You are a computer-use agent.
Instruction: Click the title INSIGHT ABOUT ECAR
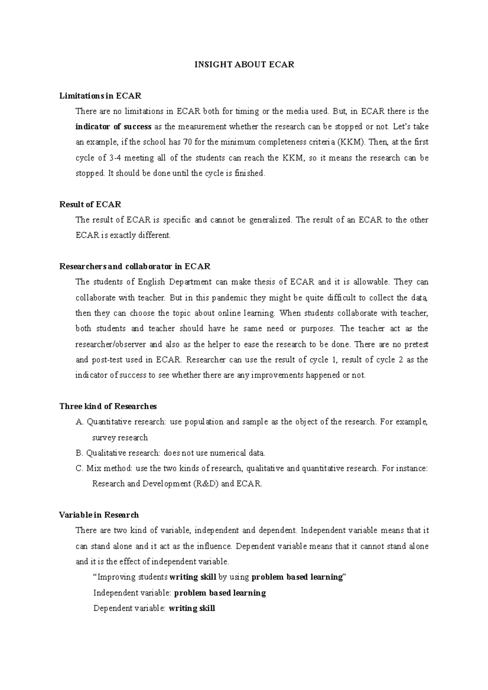[244, 65]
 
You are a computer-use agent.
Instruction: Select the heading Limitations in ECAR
[100, 96]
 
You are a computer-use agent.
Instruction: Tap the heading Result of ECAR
[90, 204]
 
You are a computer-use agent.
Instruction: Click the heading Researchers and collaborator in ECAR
[135, 267]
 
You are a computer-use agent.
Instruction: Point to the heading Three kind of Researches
[108, 406]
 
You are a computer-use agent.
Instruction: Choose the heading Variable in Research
[99, 515]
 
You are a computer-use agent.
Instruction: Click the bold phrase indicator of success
[113, 127]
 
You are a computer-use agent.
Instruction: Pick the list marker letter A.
[79, 422]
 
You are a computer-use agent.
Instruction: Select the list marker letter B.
[79, 453]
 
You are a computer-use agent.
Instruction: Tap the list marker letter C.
[79, 469]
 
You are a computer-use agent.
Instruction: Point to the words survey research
[120, 438]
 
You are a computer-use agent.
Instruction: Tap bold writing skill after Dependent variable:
[192, 608]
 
